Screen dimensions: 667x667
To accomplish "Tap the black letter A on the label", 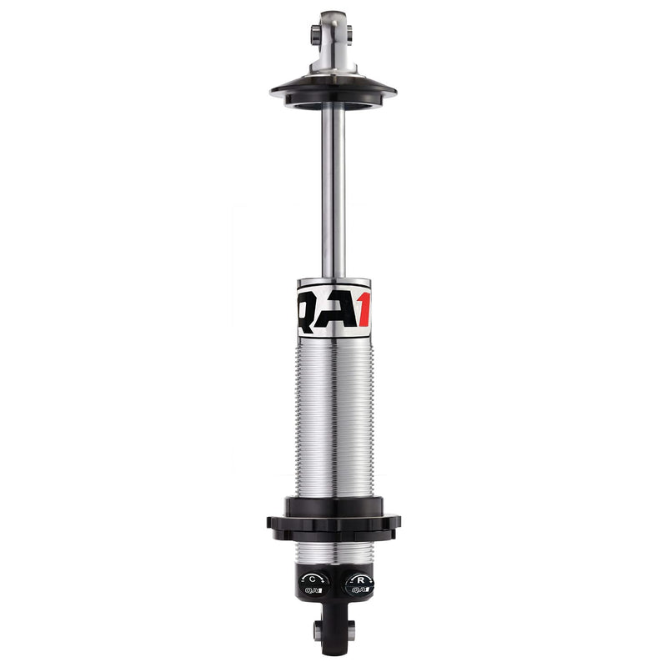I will coord(340,312).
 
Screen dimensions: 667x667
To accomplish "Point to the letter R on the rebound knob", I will coord(359,578).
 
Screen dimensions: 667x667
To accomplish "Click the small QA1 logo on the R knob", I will coord(359,590).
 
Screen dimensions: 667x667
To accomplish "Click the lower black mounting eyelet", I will coord(333,632).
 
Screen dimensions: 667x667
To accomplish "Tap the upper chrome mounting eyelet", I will coord(333,33).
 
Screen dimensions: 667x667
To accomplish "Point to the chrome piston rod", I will coord(333,192).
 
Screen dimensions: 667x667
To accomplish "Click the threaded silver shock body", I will coord(333,417).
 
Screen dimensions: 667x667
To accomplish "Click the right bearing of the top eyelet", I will coord(349,34).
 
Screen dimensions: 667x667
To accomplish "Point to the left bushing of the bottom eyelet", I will coord(318,631).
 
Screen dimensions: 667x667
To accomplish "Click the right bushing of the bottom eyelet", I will coord(350,631).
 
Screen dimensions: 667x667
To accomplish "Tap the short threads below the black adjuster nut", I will coord(333,552).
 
